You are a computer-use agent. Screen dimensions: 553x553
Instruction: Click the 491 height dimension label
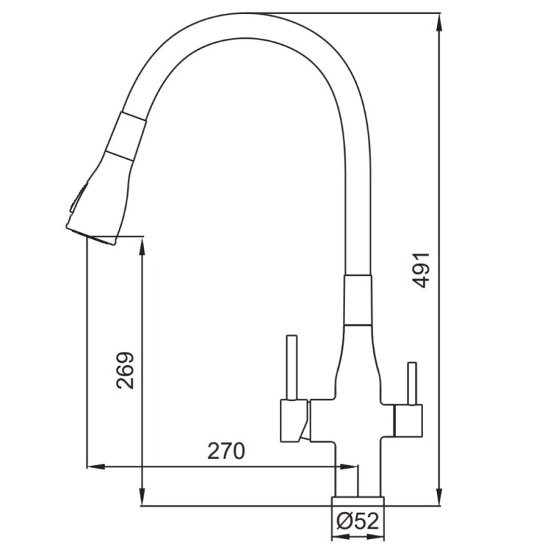[x=422, y=270]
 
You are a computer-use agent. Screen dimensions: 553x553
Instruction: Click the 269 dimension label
[x=126, y=371]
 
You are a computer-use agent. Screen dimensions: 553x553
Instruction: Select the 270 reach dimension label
[x=226, y=451]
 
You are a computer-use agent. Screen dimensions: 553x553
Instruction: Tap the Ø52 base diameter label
[x=357, y=521]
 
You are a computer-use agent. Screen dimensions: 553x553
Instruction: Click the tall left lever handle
[x=292, y=368]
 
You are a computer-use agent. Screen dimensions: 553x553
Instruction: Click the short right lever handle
[x=411, y=384]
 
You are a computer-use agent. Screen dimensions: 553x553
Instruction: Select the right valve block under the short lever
[x=409, y=420]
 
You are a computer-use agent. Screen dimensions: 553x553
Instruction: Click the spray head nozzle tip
[x=93, y=235]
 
